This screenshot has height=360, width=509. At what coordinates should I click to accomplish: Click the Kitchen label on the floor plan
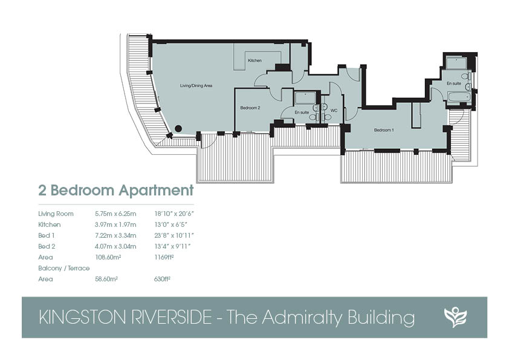click(254, 61)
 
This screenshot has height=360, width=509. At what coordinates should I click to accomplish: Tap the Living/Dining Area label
click(196, 86)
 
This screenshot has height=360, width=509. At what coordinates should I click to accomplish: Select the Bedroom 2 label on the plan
click(250, 108)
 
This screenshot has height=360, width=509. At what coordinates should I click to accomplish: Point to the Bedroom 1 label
click(384, 130)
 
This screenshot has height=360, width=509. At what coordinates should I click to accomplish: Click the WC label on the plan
click(334, 111)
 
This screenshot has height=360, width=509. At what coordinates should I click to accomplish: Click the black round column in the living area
click(178, 129)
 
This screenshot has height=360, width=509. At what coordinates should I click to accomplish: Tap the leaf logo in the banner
click(455, 317)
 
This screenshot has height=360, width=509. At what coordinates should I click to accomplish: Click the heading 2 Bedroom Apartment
click(116, 191)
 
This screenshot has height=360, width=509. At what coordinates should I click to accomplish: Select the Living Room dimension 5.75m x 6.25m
click(115, 214)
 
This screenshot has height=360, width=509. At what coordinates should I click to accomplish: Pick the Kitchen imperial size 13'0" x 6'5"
click(170, 224)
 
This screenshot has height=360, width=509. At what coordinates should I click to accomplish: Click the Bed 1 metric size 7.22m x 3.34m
click(115, 235)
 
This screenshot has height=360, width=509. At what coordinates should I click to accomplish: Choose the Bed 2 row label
click(47, 246)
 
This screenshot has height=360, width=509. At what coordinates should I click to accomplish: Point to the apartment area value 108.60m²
click(108, 257)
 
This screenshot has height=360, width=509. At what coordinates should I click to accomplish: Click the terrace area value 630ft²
click(162, 279)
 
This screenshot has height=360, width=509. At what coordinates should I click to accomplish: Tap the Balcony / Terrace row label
click(64, 268)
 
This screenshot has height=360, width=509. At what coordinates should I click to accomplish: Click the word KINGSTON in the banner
click(83, 318)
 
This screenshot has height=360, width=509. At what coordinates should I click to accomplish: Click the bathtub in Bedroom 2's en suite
click(305, 97)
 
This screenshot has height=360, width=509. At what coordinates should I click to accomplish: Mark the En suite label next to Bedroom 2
click(302, 113)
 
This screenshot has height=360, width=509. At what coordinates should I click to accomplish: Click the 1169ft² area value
click(164, 257)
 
